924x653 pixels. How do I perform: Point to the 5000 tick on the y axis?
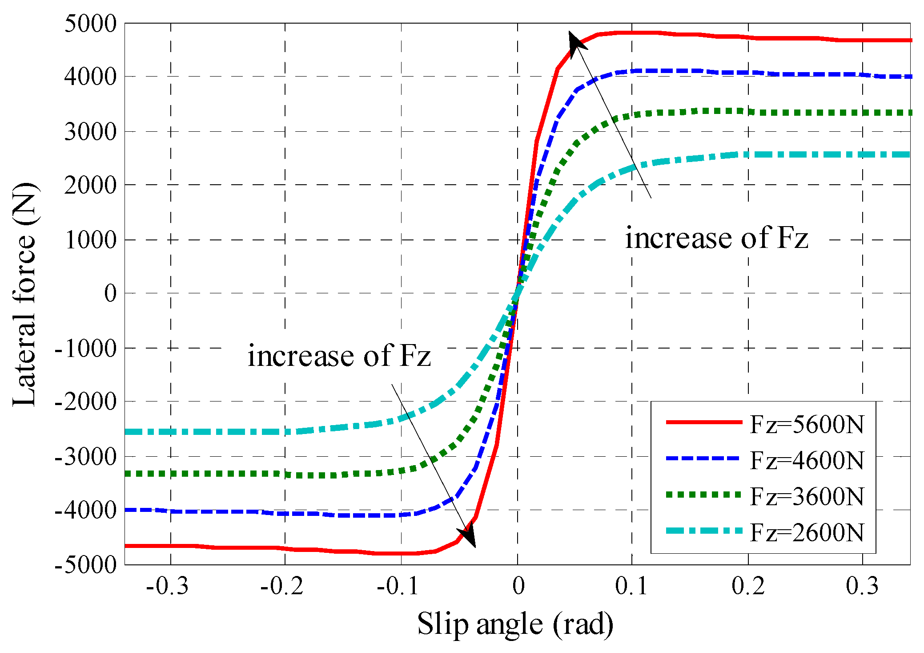pyautogui.click(x=90, y=23)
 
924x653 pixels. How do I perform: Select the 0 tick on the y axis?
pyautogui.click(x=110, y=294)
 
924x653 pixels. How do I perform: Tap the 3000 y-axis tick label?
pyautogui.click(x=90, y=132)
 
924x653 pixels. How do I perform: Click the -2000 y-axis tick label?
pyautogui.click(x=85, y=402)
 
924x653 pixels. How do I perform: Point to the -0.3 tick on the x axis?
pyautogui.click(x=167, y=586)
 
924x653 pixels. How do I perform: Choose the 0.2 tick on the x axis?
pyautogui.click(x=748, y=586)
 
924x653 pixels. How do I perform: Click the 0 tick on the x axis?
pyautogui.click(x=518, y=586)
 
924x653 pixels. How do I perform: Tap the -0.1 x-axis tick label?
pyautogui.click(x=398, y=586)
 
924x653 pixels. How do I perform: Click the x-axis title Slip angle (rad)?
pyautogui.click(x=515, y=624)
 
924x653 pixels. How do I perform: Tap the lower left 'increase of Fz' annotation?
pyautogui.click(x=339, y=356)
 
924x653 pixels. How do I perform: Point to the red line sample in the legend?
pyautogui.click(x=703, y=422)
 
